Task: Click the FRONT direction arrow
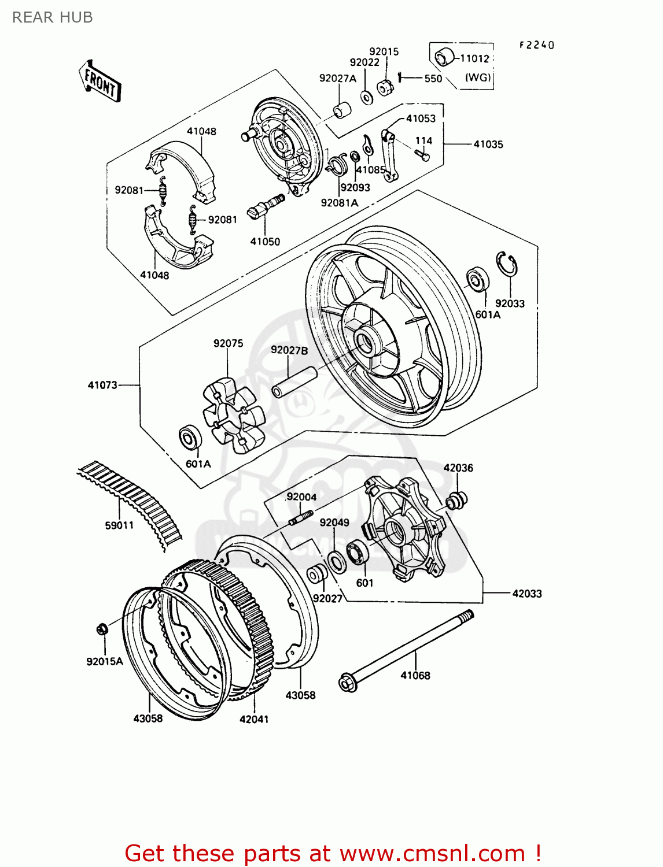pos(100,81)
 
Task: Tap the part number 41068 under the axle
pos(415,675)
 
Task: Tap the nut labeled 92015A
pos(101,629)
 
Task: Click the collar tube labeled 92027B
pos(294,382)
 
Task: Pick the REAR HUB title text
pos(53,17)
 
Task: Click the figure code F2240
pos(536,45)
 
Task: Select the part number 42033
pos(526,594)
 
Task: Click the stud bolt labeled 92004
pos(301,517)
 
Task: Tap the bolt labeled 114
pos(423,154)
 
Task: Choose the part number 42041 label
pos(254,719)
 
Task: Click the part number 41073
pos(102,385)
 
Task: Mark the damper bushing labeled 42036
pos(458,499)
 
